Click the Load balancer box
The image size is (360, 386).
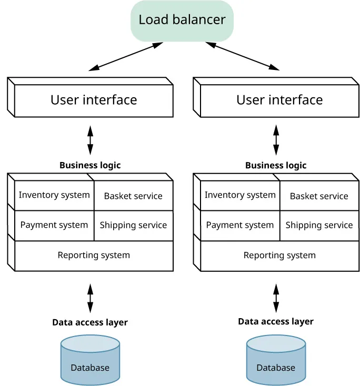[x=182, y=21]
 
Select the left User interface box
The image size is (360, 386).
[x=94, y=100]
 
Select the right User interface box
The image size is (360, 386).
[x=279, y=100]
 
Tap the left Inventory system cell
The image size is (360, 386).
[x=54, y=195]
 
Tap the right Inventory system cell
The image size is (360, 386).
[x=240, y=195]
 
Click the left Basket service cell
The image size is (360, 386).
[x=133, y=196]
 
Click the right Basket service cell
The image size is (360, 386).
[x=319, y=196]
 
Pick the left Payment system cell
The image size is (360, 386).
[x=54, y=225]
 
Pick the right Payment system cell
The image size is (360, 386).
[x=240, y=225]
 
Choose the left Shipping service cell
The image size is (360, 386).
[x=133, y=225]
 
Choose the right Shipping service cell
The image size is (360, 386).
[x=319, y=225]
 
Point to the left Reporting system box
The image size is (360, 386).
[x=94, y=256]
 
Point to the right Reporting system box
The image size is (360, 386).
[x=279, y=256]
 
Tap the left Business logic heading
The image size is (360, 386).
[x=90, y=165]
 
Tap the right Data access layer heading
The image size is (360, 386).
[x=276, y=321]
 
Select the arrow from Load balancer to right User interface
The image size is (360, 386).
[x=243, y=56]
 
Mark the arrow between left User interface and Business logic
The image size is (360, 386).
[x=90, y=139]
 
